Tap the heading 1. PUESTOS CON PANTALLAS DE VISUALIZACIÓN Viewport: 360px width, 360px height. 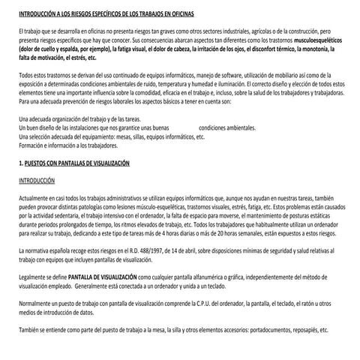73,163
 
